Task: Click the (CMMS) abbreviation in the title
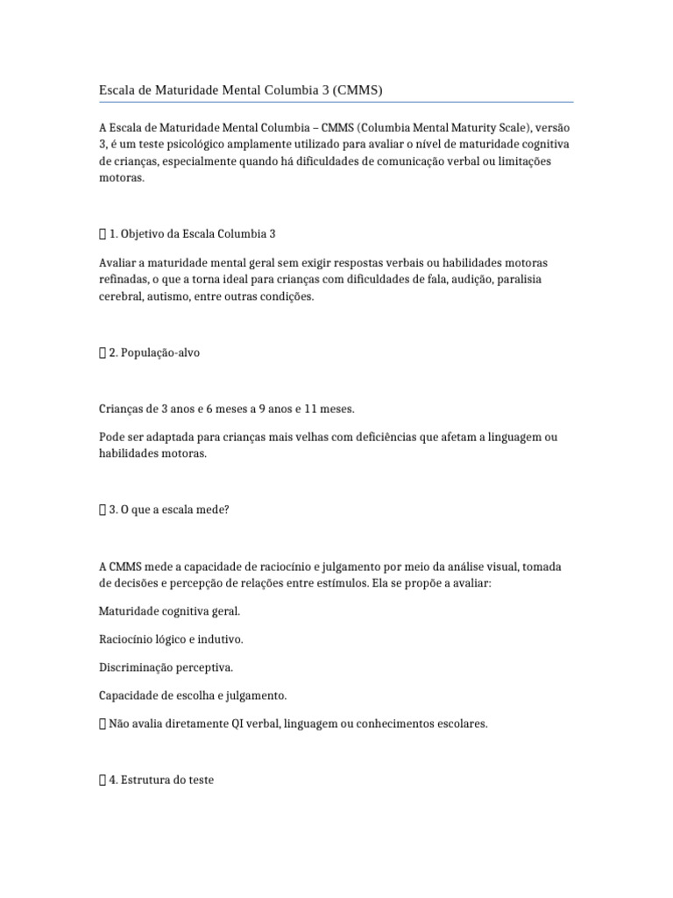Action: (354, 90)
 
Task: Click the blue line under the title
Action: (336, 102)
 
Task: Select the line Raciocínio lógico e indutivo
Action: (171, 639)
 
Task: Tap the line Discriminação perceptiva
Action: (165, 667)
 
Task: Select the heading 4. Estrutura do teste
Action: (160, 779)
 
